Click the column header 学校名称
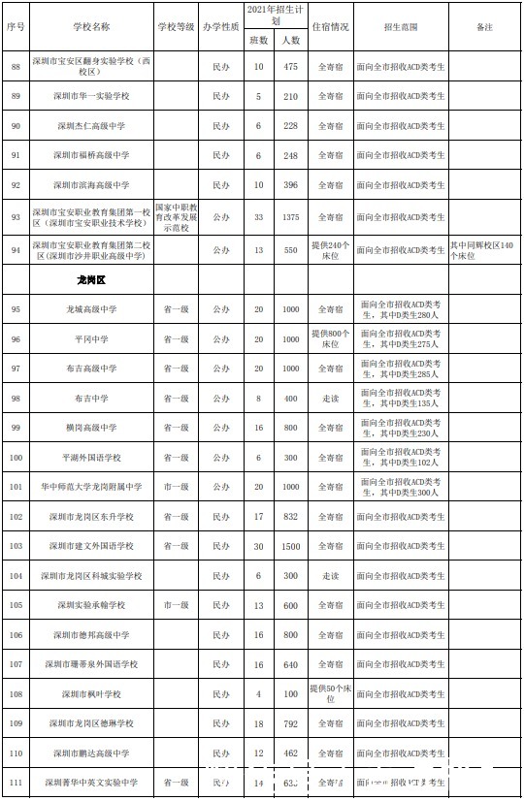coord(91,27)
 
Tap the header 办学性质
coord(221,27)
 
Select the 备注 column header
coord(485,27)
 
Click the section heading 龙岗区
coord(91,279)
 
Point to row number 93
coord(15,216)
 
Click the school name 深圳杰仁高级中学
coord(91,126)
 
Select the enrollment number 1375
coord(291,216)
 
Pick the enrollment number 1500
coord(291,547)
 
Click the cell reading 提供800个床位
coord(330,339)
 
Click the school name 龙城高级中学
coord(91,309)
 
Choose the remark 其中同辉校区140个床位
coord(485,249)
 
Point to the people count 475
coord(291,66)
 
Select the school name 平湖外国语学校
coord(91,458)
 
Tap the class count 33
coord(258,216)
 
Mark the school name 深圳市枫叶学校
coord(91,694)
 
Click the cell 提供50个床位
coord(330,694)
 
